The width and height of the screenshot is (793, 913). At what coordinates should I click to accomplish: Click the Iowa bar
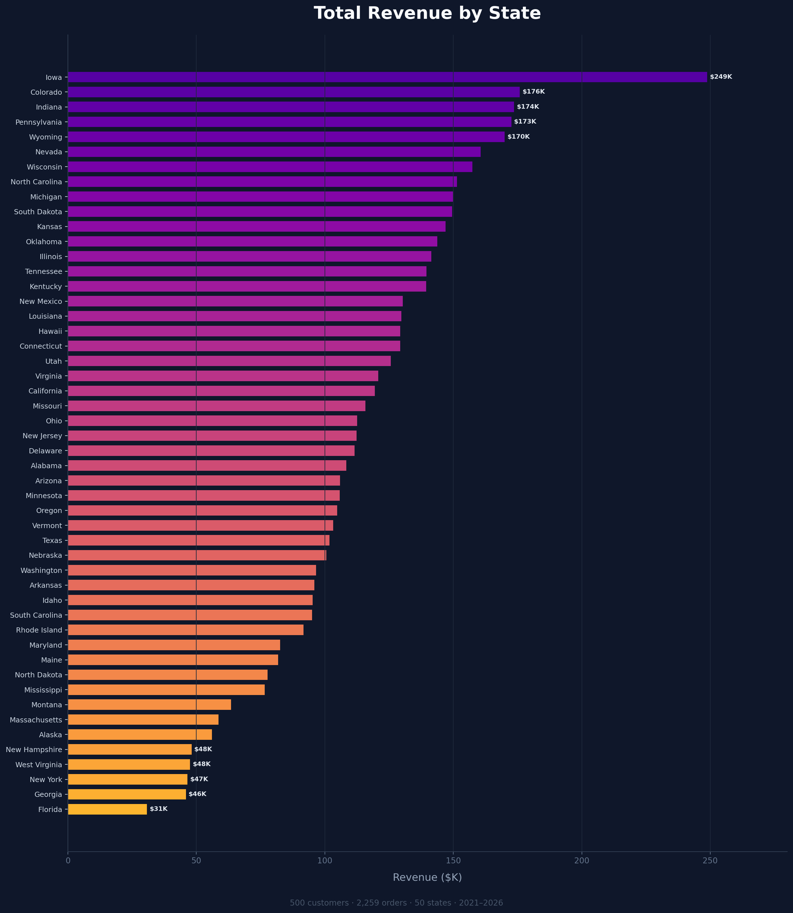387,77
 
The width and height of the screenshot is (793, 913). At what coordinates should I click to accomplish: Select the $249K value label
721,77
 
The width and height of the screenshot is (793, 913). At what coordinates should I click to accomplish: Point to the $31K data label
158,809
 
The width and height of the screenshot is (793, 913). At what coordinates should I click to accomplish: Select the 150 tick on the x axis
453,860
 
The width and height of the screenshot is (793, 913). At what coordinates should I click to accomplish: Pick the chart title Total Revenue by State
427,13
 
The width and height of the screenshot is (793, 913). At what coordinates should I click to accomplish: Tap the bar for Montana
149,704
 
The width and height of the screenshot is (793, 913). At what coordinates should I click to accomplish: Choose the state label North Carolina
36,182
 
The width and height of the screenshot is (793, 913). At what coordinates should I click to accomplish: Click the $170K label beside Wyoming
518,137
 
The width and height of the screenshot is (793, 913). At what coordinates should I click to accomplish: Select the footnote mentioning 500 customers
396,903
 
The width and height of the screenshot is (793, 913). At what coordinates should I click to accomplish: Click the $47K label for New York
199,779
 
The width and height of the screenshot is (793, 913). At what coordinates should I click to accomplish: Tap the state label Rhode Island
39,630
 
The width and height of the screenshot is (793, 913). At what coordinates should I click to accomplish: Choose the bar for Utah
229,361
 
